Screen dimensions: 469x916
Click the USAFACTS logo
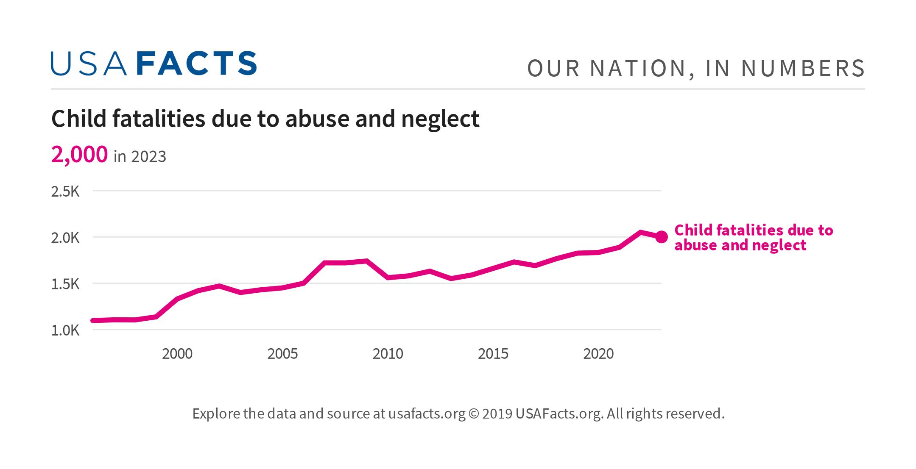click(x=154, y=64)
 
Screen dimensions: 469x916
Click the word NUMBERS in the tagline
click(x=803, y=69)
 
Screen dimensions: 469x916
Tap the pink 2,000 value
click(x=79, y=154)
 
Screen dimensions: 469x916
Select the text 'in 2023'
click(x=140, y=157)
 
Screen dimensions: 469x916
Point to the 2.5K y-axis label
click(x=65, y=191)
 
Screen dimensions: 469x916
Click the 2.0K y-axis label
click(x=65, y=238)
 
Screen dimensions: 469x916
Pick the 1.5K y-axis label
click(x=65, y=284)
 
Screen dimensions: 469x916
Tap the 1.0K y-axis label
click(x=65, y=330)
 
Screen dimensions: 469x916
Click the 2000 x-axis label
click(x=177, y=354)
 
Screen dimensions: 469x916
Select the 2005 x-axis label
click(x=282, y=354)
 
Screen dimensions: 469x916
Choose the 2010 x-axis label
click(x=388, y=354)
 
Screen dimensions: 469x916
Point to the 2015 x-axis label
click(x=493, y=354)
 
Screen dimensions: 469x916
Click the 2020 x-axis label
click(x=598, y=354)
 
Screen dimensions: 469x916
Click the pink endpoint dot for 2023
click(x=661, y=237)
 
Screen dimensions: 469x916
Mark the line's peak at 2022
click(x=640, y=232)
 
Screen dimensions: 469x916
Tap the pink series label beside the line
click(x=753, y=238)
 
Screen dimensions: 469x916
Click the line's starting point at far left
click(x=94, y=320)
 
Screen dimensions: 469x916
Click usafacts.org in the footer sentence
click(x=427, y=413)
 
